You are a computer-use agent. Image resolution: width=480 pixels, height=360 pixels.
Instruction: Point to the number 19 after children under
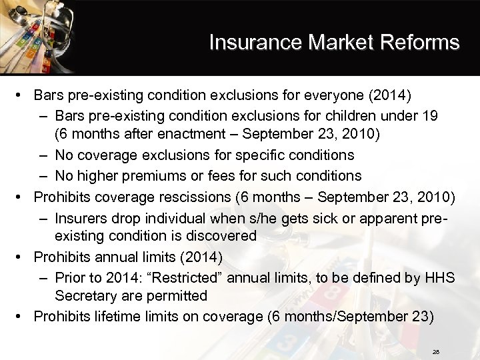(429, 115)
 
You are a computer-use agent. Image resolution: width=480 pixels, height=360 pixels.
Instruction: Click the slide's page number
(436, 351)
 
